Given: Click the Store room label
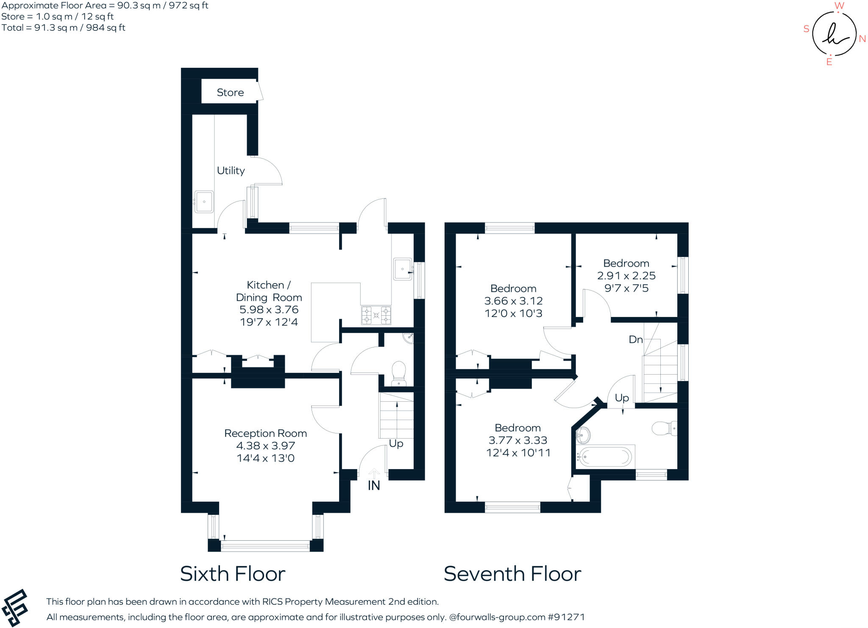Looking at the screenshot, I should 230,92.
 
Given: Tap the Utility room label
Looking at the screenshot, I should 231,170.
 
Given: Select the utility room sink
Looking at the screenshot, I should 204,202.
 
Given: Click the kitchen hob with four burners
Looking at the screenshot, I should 376,315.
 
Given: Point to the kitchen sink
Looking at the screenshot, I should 403,269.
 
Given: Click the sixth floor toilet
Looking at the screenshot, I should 398,373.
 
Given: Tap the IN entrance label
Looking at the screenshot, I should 374,486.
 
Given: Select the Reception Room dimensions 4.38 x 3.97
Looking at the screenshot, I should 265,446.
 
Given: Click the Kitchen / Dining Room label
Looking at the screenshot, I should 269,291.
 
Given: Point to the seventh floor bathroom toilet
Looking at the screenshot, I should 664,428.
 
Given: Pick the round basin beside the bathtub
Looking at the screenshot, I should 583,434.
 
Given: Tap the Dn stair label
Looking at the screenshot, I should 635,339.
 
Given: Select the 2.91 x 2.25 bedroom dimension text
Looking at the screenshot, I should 626,276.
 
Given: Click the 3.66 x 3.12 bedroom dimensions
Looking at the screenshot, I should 513,301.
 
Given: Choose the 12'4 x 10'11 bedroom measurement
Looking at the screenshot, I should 518,453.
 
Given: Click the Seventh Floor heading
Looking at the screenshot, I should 512,574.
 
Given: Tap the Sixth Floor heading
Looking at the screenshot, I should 233,574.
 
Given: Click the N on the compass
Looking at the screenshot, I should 862,39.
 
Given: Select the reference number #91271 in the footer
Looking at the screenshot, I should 566,617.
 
